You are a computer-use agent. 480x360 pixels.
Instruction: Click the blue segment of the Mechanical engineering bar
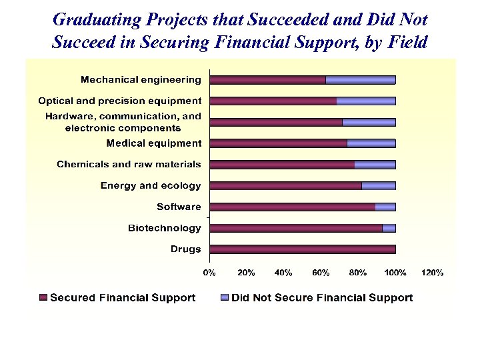tap(360, 80)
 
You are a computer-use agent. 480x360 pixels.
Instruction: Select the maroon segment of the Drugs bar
tap(303, 249)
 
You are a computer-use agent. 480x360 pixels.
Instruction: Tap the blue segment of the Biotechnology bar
tap(389, 228)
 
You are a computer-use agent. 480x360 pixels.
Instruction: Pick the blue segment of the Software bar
tap(385, 207)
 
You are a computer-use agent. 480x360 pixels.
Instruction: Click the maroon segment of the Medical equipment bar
tap(278, 143)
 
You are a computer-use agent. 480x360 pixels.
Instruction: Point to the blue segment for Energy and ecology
tap(379, 186)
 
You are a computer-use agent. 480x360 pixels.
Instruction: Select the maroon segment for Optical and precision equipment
tap(273, 101)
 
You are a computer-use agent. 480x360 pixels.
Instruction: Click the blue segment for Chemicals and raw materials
tap(375, 165)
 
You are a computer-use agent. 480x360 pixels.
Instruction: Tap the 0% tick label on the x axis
tap(209, 273)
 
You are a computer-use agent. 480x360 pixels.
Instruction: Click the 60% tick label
tap(321, 273)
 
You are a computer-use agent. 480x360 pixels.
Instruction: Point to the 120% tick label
tap(433, 273)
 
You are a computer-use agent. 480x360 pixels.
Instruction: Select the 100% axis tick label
tap(395, 273)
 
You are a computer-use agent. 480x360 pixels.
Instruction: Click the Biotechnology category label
tap(164, 228)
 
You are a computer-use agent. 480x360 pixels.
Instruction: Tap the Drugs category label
tap(185, 249)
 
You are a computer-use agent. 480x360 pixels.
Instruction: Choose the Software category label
tap(179, 207)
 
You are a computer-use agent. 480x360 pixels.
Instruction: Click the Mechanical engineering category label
tap(141, 80)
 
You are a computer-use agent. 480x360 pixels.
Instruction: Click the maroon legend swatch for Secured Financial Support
tap(43, 298)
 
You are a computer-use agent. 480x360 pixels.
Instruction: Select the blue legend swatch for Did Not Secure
tap(225, 298)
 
